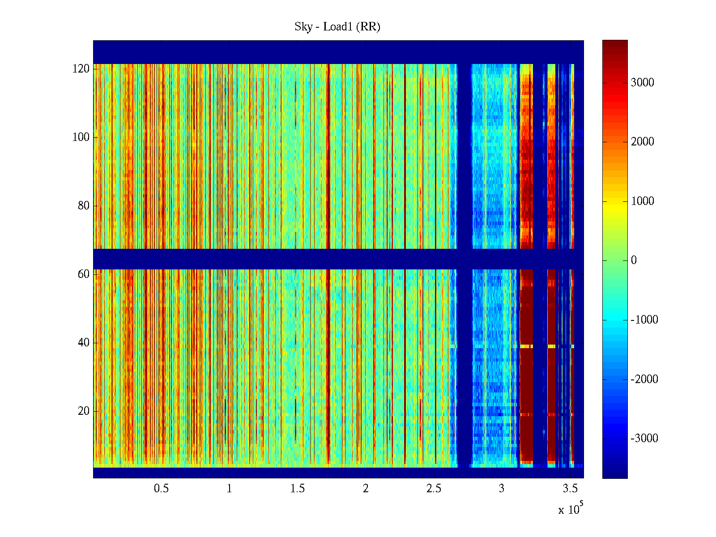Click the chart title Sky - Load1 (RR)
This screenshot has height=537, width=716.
(337, 27)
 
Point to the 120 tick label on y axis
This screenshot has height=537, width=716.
(81, 69)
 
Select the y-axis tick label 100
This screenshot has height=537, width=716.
(81, 137)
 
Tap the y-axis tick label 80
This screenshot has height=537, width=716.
(84, 206)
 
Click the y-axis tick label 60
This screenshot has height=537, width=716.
(84, 274)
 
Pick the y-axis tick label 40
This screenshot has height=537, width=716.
(84, 343)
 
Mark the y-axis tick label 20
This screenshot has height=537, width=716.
(84, 411)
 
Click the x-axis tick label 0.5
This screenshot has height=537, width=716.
(162, 489)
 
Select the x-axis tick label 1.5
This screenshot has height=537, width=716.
(298, 489)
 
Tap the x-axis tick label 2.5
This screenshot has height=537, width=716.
(434, 489)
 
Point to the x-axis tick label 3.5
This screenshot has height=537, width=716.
(570, 489)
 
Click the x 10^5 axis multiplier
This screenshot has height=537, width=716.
(571, 509)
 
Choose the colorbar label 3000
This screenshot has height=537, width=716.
(643, 83)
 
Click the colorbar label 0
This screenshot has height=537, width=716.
(634, 260)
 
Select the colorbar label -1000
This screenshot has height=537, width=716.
(644, 320)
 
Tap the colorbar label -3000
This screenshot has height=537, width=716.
(644, 439)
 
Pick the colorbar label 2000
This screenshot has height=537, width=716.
(643, 142)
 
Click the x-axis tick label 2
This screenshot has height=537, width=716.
(366, 489)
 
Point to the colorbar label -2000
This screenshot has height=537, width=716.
(644, 379)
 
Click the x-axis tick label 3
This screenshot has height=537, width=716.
(502, 489)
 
